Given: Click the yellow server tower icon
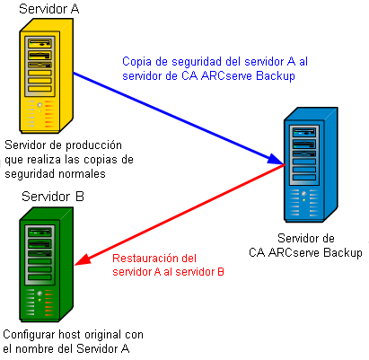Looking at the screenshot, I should pos(44,80).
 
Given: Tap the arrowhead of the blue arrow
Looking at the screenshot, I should pos(277,161).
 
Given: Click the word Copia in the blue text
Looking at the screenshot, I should pos(138,60).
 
